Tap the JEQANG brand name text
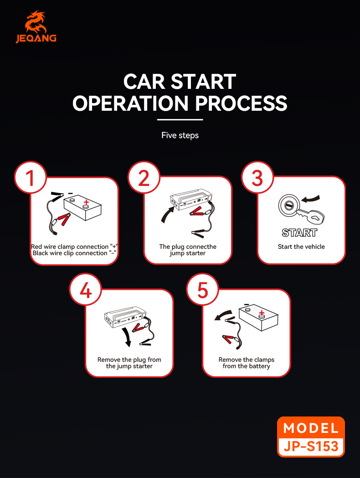(36, 39)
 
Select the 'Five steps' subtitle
(180, 135)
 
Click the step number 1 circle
(30, 178)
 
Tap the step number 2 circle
(144, 178)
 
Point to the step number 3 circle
(257, 178)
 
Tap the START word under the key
(299, 233)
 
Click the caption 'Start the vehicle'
(301, 247)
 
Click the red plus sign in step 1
(86, 202)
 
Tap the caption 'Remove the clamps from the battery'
(246, 363)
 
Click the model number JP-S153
(311, 446)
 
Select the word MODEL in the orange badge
(311, 428)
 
